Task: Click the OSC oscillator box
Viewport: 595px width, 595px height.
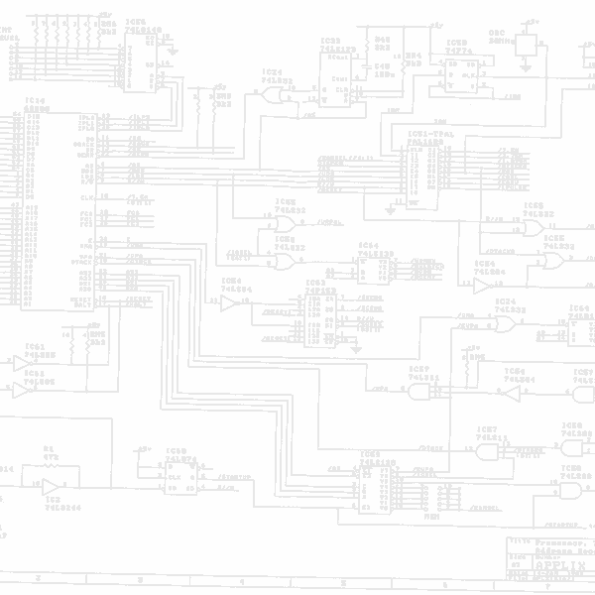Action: [x=526, y=45]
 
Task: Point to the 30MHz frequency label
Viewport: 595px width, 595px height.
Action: [x=500, y=41]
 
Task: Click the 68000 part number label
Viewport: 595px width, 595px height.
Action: [x=37, y=108]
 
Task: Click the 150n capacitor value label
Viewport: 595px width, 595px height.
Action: [x=382, y=73]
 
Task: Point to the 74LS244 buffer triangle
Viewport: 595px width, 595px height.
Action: [x=51, y=486]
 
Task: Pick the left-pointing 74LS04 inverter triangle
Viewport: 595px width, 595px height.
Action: [x=511, y=394]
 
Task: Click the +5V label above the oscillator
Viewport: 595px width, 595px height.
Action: [x=533, y=19]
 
